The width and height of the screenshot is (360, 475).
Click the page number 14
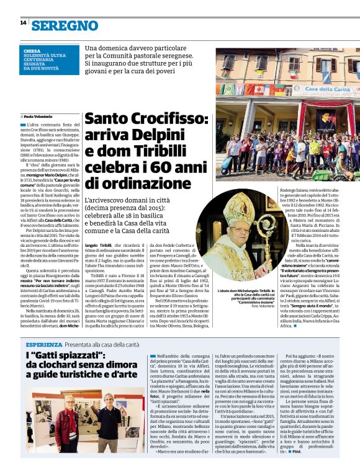tap(23, 23)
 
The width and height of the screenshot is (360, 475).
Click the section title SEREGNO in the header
tap(65, 25)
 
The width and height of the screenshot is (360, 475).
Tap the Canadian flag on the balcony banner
tap(259, 90)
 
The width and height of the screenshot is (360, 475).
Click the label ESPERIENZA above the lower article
tap(43, 344)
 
